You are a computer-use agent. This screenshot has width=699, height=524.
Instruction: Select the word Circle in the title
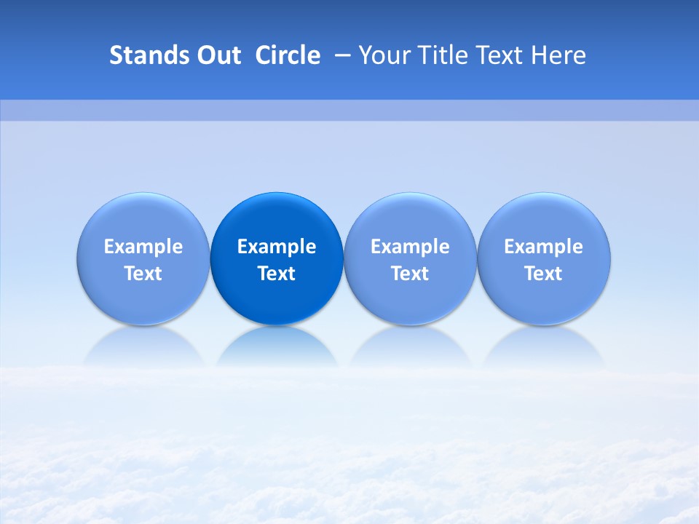coord(288,55)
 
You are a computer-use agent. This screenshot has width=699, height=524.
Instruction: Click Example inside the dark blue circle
coord(277,247)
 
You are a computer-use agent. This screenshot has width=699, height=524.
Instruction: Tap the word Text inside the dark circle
coord(277,274)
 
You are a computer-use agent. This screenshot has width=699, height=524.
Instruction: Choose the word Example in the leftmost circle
coord(143,247)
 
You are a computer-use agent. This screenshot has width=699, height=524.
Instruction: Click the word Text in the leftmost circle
coord(143,274)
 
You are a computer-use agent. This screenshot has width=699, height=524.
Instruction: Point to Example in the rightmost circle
coord(544,247)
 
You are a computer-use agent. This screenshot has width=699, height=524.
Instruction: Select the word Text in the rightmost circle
coord(544,274)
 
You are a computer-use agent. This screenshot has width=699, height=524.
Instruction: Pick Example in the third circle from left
coord(410,247)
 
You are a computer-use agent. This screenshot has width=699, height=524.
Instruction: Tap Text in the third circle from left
coord(410,274)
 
